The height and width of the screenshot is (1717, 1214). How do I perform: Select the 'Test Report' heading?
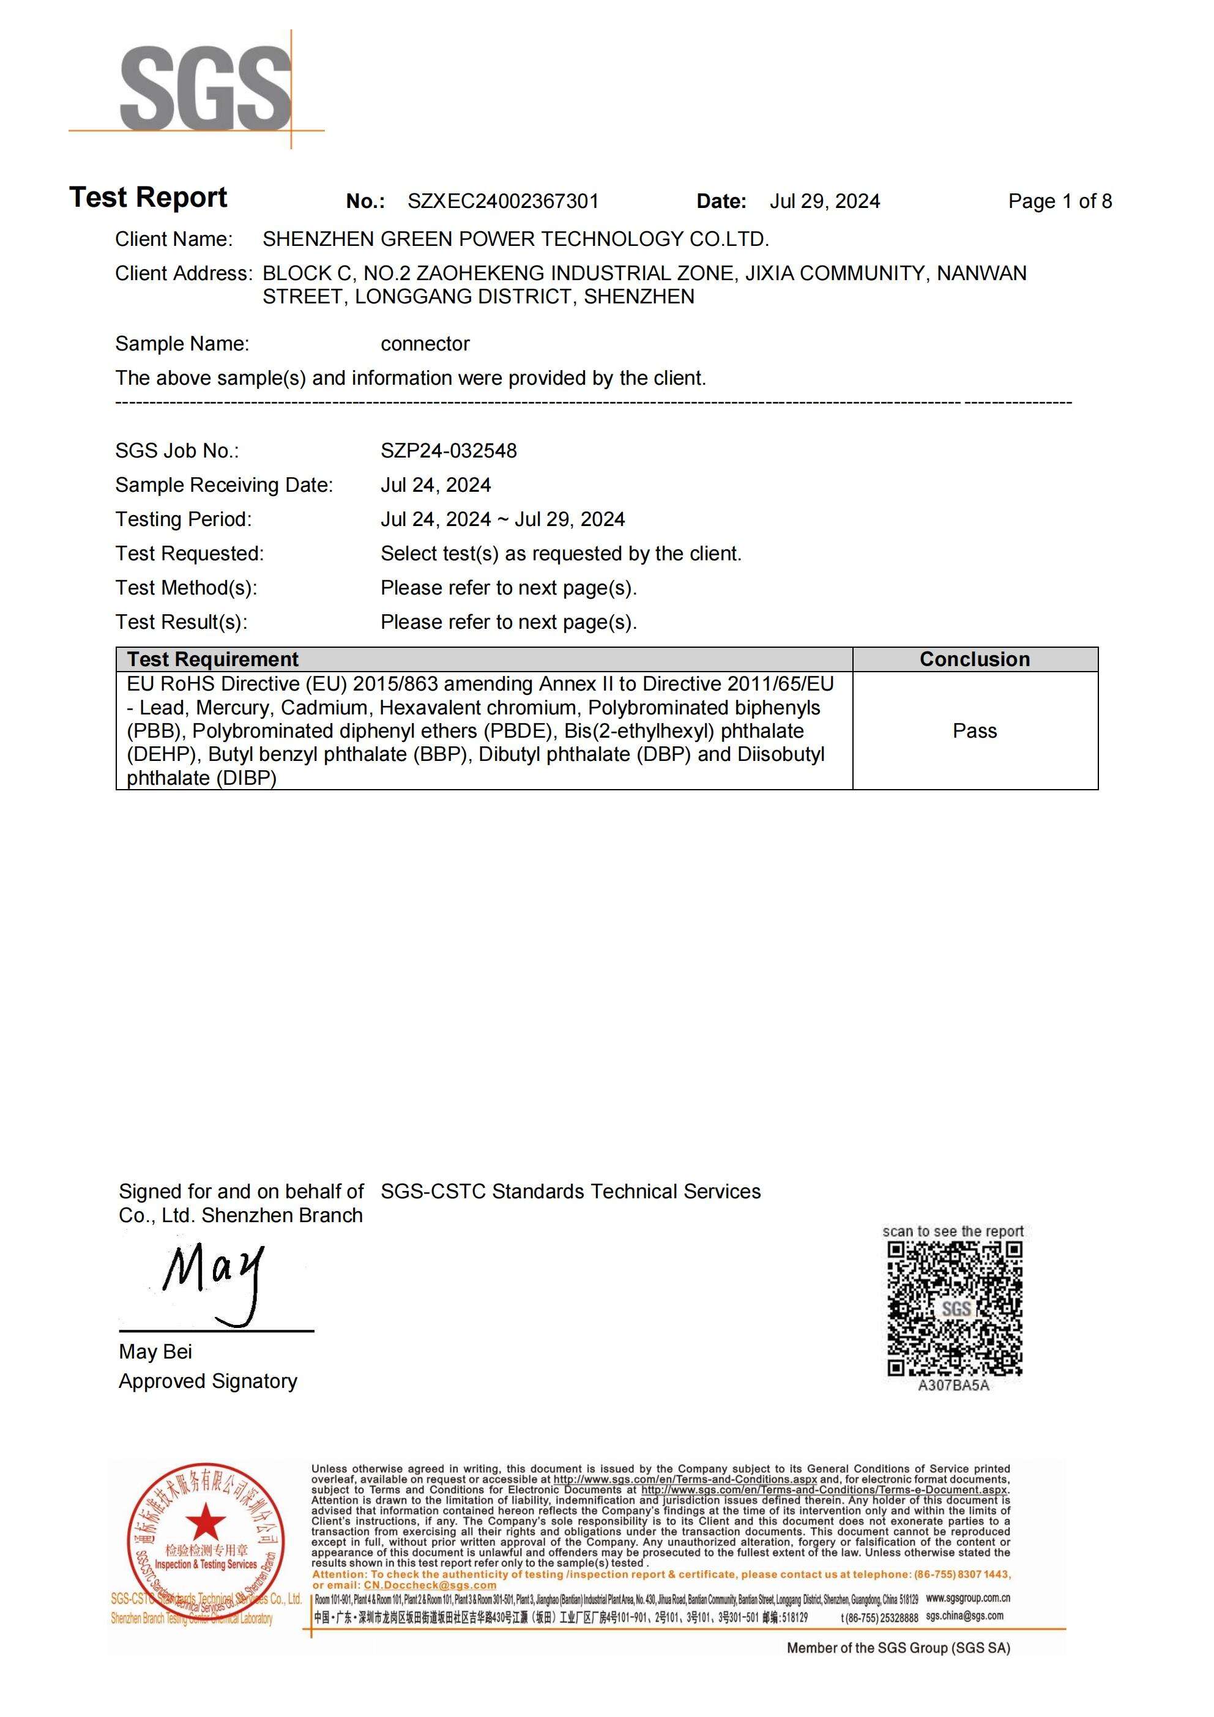(x=148, y=198)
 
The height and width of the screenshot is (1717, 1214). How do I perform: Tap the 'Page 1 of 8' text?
(x=1059, y=201)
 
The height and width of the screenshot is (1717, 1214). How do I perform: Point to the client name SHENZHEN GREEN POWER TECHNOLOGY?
(x=515, y=239)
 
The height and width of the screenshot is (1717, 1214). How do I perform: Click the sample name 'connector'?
(x=425, y=344)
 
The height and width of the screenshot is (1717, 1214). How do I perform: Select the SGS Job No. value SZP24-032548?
(x=449, y=451)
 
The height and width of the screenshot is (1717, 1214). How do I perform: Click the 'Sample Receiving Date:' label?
(x=224, y=485)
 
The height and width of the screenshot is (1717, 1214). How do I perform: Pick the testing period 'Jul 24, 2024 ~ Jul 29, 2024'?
(x=502, y=520)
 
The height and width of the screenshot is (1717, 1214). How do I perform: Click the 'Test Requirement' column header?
(x=212, y=659)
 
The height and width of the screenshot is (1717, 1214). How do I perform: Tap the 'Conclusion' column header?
(x=974, y=659)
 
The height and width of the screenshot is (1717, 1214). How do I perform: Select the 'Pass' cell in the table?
(x=974, y=732)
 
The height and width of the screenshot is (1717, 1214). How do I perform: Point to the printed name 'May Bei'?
(x=155, y=1352)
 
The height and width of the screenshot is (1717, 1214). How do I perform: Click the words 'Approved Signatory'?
(x=208, y=1381)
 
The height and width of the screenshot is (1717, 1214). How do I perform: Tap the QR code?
(x=954, y=1308)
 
